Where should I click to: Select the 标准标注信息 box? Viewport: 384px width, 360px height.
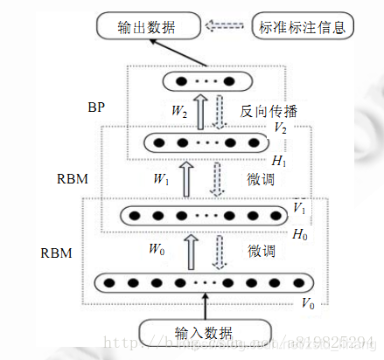coord(302,27)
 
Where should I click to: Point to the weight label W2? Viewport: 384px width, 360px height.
coord(180,111)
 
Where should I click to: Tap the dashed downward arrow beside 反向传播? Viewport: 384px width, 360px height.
coord(222,111)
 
